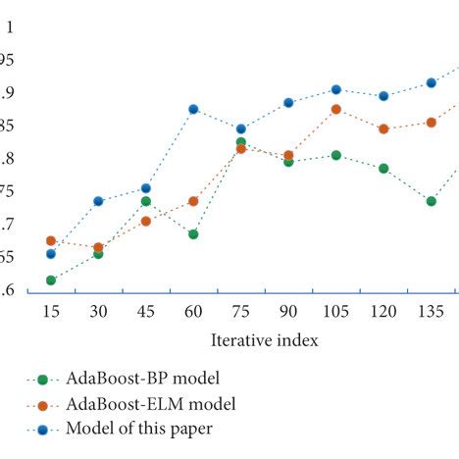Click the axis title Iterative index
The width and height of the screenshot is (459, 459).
coord(264,340)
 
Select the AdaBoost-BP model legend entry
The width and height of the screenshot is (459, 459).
coord(142,378)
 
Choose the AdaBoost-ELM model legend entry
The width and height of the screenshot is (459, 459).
coord(151,403)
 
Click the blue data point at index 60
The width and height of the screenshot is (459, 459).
coord(193,109)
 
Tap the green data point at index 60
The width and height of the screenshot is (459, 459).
coord(193,234)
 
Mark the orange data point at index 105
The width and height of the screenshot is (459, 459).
coord(335,109)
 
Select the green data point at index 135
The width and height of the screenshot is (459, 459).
coord(431,201)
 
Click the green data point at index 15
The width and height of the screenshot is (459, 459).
coord(50,280)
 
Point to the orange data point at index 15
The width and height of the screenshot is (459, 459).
coord(50,240)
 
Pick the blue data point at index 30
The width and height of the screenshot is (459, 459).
coord(98,201)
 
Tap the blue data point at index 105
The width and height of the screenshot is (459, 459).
coord(335,89)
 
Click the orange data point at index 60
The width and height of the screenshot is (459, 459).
coord(193,201)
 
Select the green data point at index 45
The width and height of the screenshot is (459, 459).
coord(145,201)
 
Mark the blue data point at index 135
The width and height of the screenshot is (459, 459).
coord(431,82)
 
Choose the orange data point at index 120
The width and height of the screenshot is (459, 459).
coord(383,128)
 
